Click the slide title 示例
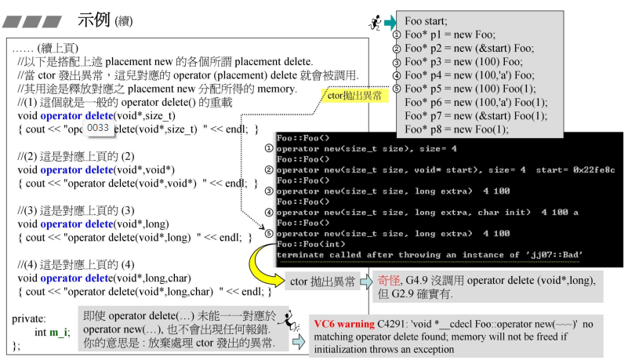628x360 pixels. pos(96,20)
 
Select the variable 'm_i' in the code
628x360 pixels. pos(58,333)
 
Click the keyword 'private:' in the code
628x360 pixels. pos(30,319)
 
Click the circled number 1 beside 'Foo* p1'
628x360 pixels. pos(397,35)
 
